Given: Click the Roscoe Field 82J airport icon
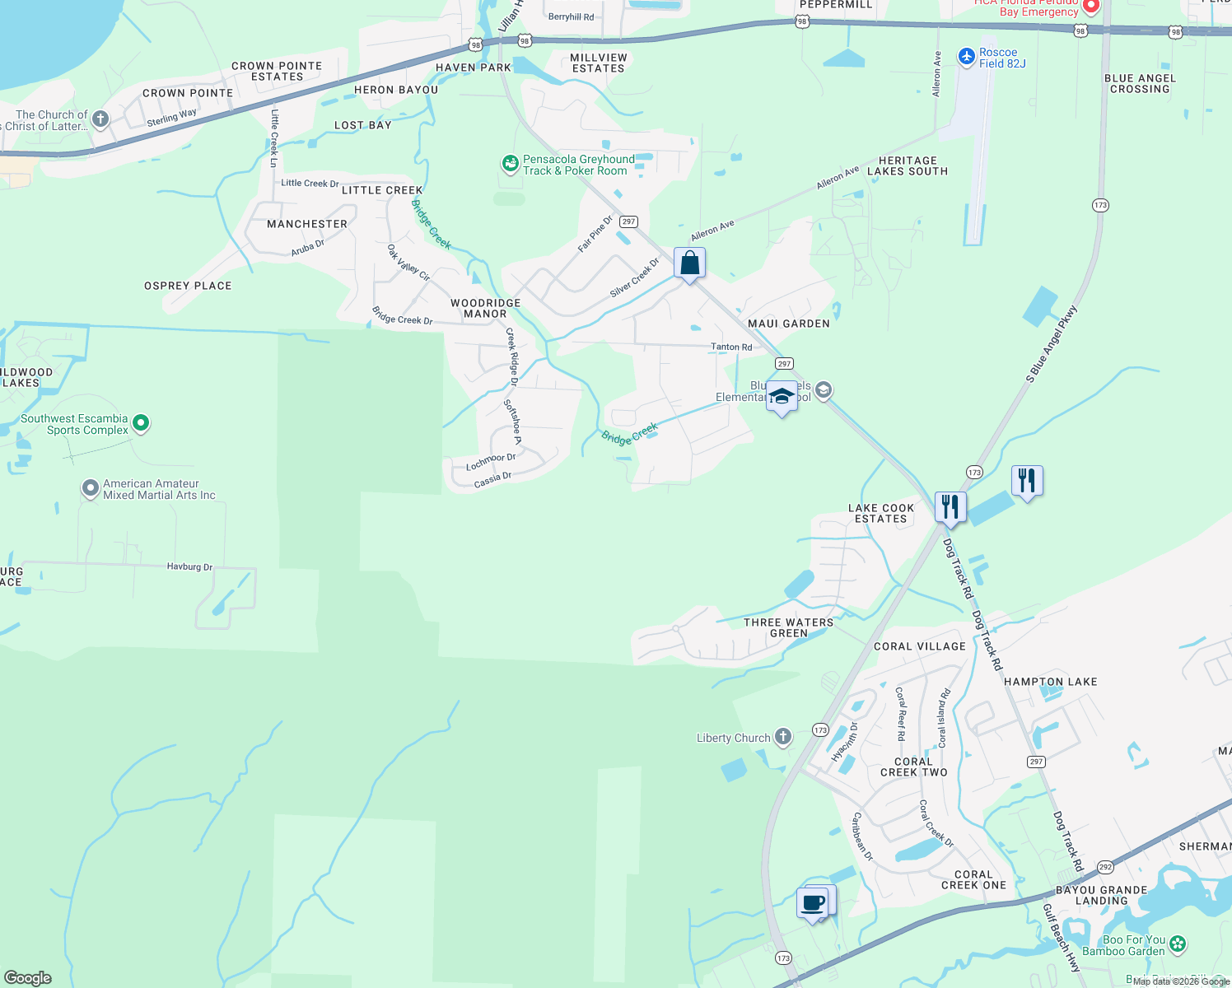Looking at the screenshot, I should (x=967, y=56).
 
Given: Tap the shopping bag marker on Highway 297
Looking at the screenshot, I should (x=689, y=263).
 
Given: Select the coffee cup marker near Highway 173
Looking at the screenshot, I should (x=813, y=902).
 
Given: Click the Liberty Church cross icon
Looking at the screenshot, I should (x=782, y=737).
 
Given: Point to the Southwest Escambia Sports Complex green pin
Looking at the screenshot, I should (x=141, y=423).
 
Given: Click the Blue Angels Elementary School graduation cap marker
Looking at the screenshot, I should (x=782, y=398).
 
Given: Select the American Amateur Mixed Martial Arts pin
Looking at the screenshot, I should (x=91, y=489).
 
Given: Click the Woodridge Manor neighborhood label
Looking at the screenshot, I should (x=485, y=308).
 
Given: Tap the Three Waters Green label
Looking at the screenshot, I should (x=788, y=627).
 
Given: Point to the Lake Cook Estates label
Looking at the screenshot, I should (x=880, y=513).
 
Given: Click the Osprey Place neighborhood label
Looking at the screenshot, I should (x=188, y=286).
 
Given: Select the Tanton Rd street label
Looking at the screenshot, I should (x=730, y=347).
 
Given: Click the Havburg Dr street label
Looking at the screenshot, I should (x=189, y=566).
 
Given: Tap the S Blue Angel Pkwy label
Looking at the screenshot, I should (x=1051, y=344).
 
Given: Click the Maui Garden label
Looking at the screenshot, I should (x=788, y=324).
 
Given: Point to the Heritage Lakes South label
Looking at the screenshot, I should (x=907, y=165).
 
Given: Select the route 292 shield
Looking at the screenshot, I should (x=1105, y=867).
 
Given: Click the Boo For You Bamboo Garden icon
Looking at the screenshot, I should (x=1178, y=944).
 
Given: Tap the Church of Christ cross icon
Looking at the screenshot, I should (x=100, y=119).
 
